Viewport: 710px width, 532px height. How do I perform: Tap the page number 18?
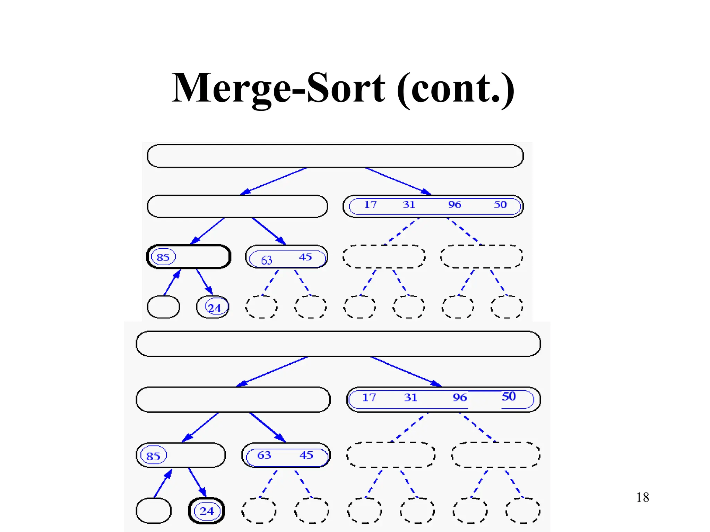(642, 497)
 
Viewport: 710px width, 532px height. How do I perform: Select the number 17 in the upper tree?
(370, 205)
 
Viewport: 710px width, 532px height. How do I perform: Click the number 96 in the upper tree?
(454, 205)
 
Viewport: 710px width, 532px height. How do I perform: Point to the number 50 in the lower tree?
(509, 396)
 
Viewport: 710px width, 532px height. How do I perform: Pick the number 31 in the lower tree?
(410, 397)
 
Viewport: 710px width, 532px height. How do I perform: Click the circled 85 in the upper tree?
(163, 257)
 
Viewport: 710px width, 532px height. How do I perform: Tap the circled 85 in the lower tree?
(153, 456)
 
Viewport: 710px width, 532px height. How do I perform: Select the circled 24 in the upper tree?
(214, 308)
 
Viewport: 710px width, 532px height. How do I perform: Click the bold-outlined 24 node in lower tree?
(207, 511)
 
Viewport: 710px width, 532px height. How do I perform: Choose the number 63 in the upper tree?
(266, 260)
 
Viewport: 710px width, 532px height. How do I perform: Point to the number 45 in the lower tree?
(306, 455)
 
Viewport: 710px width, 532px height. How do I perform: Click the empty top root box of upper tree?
(335, 156)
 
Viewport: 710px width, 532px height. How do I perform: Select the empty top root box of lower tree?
(338, 344)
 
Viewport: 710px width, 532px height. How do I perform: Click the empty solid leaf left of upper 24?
(163, 307)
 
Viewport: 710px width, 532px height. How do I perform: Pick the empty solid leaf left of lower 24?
(154, 511)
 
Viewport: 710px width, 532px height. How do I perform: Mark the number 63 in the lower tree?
(264, 455)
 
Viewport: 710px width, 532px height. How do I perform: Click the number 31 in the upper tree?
(409, 205)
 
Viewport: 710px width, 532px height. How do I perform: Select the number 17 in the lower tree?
(369, 397)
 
